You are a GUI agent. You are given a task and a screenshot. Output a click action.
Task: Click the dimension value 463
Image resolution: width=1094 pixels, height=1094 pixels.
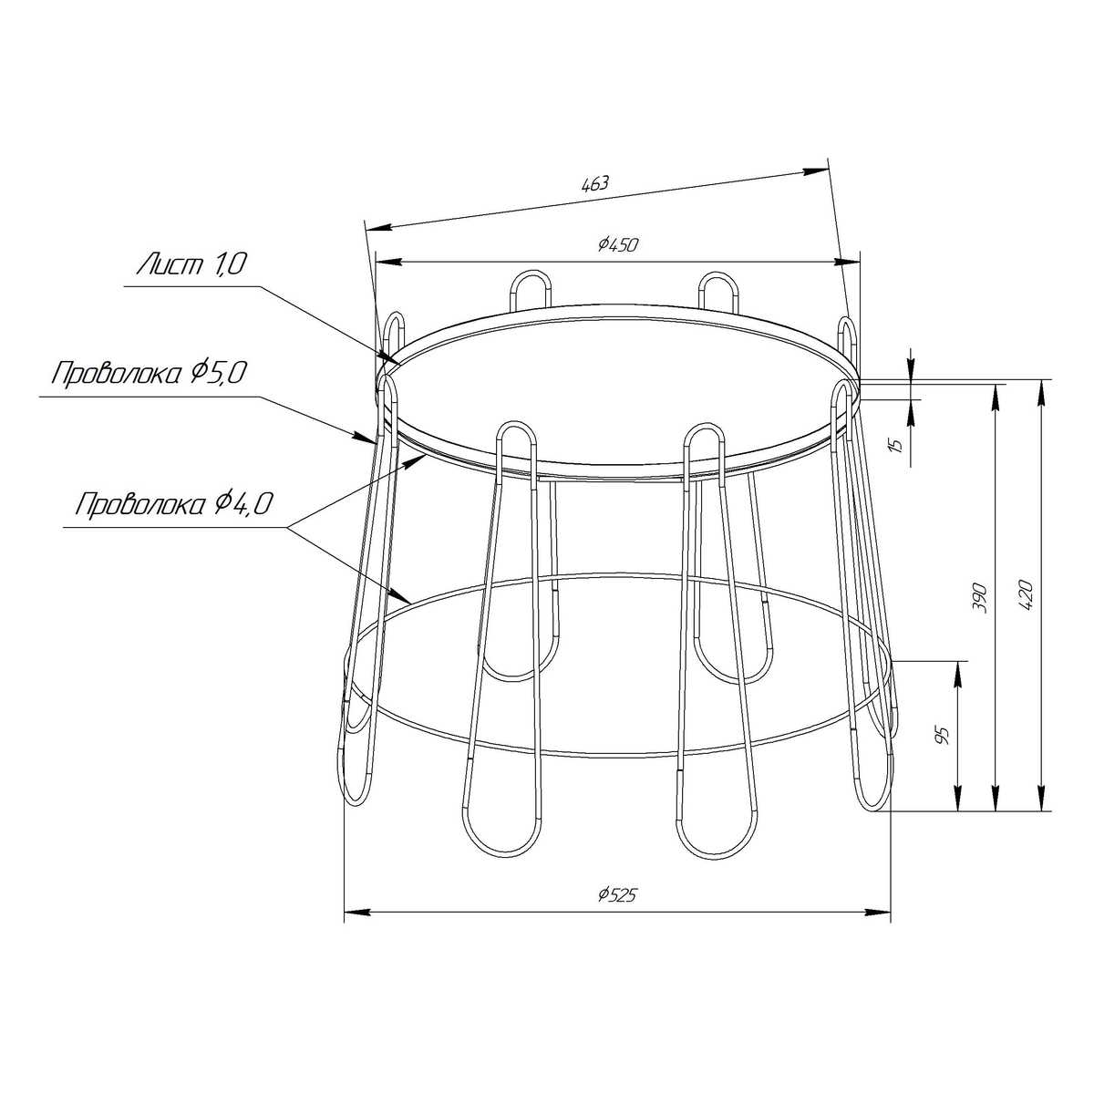595,183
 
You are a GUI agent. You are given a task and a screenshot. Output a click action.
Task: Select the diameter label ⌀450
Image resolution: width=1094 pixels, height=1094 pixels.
618,244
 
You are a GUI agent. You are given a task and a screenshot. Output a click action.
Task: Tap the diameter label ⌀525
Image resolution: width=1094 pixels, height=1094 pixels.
618,894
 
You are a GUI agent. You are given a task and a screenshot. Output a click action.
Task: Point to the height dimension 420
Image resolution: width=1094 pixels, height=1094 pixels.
1026,595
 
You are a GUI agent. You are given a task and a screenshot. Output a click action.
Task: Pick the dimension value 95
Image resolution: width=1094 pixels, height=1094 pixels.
943,735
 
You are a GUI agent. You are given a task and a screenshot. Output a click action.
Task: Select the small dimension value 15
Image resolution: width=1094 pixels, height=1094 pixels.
897,445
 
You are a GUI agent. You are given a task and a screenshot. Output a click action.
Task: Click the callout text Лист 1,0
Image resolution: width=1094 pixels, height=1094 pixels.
191,264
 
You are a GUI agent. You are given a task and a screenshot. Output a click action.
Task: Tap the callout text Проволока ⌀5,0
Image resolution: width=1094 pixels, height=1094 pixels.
150,374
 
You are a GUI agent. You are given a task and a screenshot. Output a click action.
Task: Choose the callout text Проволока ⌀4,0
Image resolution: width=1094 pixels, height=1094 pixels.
175,503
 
